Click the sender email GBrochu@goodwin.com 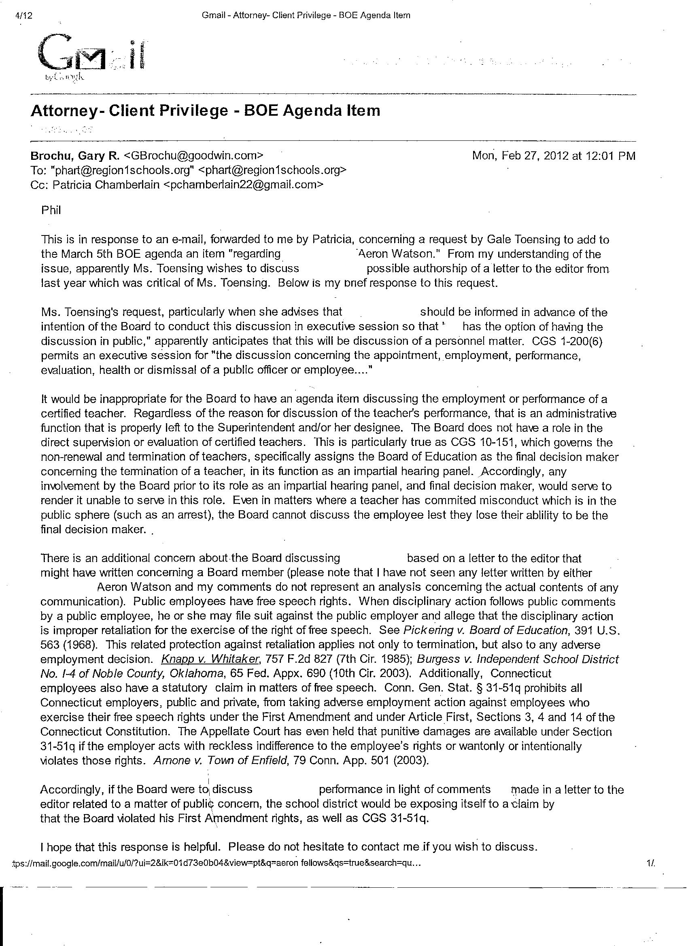[x=194, y=156]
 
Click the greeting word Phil [x=51, y=210]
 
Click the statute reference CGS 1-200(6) [x=567, y=341]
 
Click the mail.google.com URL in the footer [x=217, y=863]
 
